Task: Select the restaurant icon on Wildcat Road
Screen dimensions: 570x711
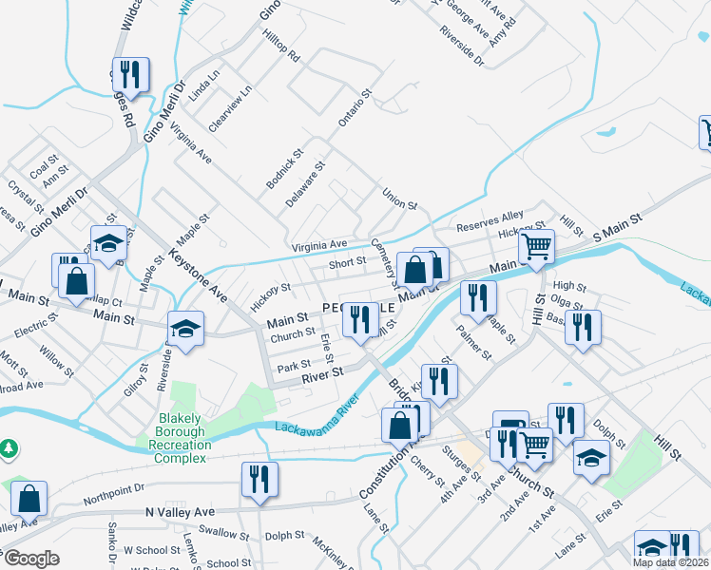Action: [x=127, y=75]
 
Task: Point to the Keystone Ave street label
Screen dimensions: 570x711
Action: [x=199, y=276]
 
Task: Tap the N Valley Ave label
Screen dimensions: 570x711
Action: [x=181, y=511]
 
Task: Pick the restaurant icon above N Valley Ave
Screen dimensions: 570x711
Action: [x=258, y=479]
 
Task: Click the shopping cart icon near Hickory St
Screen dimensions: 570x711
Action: [x=537, y=247]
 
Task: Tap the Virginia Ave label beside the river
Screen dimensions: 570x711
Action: [x=320, y=244]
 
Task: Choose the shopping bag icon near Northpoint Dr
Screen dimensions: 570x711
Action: [x=29, y=499]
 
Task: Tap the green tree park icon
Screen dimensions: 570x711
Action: [x=9, y=446]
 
